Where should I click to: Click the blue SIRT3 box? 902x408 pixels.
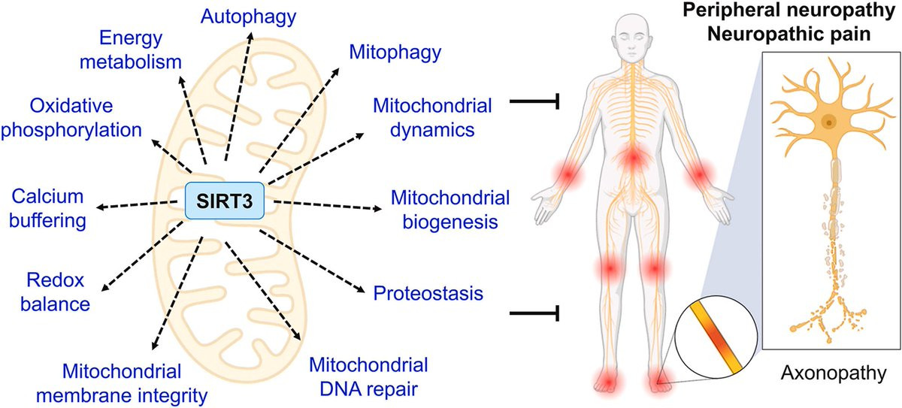[x=225, y=201]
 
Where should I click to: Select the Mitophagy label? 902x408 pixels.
[x=395, y=53]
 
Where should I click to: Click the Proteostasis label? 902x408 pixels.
[x=428, y=293]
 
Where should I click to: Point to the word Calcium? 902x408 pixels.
[x=47, y=197]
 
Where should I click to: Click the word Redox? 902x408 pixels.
[x=55, y=280]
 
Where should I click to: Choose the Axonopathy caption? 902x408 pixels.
[x=833, y=373]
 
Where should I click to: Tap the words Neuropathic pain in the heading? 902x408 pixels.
[x=788, y=35]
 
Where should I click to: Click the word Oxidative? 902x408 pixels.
[x=71, y=106]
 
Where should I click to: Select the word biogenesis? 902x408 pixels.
[x=450, y=222]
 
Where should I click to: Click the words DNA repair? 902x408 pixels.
[x=368, y=389]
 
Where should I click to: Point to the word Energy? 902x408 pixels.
[x=131, y=38]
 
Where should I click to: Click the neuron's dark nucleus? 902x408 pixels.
[x=828, y=121]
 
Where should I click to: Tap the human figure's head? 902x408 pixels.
[x=631, y=38]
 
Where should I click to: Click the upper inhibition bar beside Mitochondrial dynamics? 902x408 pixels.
[x=534, y=101]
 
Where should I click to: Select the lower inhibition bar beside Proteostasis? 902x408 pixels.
[x=534, y=313]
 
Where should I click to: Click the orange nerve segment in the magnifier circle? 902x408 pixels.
[x=716, y=338]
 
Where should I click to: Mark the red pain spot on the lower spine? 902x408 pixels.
[x=634, y=158]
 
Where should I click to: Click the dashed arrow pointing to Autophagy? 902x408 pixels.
[x=238, y=97]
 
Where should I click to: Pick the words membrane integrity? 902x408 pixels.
[x=122, y=396]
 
